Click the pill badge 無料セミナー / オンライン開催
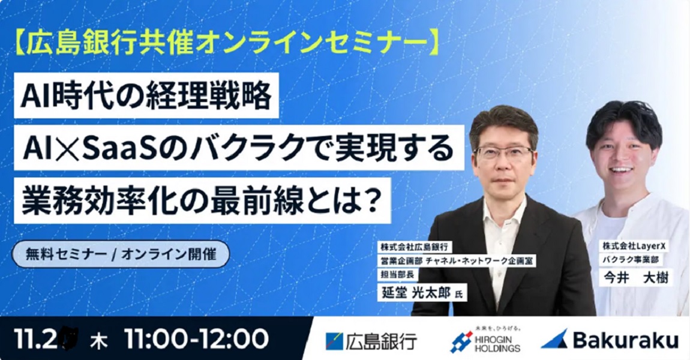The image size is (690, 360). click(x=120, y=254)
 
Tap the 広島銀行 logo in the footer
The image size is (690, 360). click(x=371, y=340)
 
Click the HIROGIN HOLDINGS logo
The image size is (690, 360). click(x=485, y=340)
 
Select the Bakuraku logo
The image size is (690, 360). click(x=609, y=340)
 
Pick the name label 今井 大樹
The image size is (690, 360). click(x=632, y=278)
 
